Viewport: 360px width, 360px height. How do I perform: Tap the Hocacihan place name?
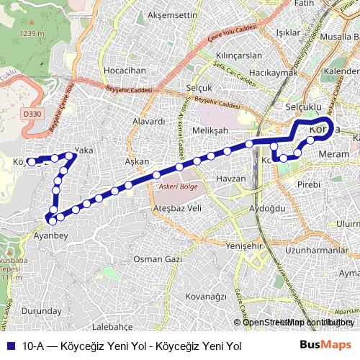pyautogui.click(x=125, y=71)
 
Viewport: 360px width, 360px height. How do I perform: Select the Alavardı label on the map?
pyautogui.click(x=149, y=122)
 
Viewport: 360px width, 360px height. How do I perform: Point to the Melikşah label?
pyautogui.click(x=211, y=130)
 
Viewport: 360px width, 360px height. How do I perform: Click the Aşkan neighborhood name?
pyautogui.click(x=137, y=163)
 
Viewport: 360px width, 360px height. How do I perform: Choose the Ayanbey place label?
pyautogui.click(x=50, y=235)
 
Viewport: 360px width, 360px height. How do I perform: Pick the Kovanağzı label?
pyautogui.click(x=206, y=296)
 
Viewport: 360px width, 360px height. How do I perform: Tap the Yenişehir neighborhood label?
pyautogui.click(x=242, y=246)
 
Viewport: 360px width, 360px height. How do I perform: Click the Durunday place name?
pyautogui.click(x=42, y=311)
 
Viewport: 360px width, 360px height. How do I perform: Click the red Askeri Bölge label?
pyautogui.click(x=174, y=185)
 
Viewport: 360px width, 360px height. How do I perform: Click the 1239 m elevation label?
pyautogui.click(x=32, y=33)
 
